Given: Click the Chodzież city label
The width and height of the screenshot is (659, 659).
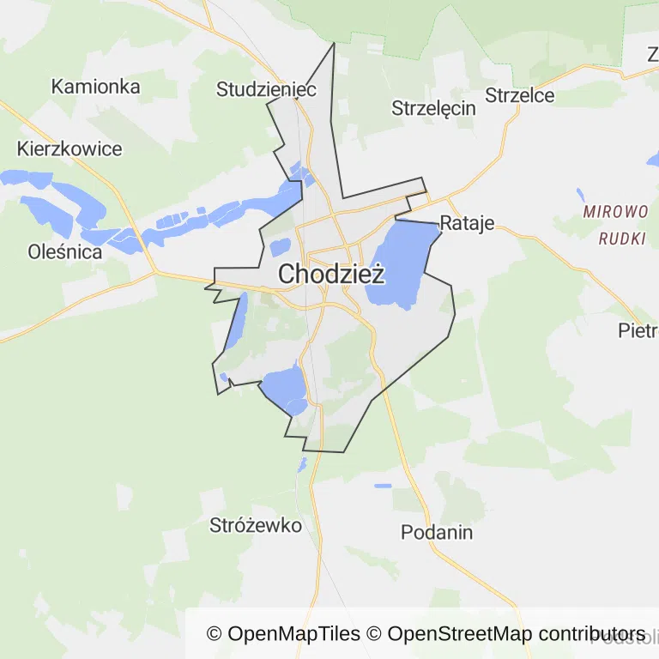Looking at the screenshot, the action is (x=331, y=275).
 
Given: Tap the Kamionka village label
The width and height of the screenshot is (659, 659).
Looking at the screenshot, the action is (x=95, y=87).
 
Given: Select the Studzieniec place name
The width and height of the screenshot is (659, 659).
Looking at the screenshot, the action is (x=267, y=89).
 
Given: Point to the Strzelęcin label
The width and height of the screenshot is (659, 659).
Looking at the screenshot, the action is (x=433, y=108).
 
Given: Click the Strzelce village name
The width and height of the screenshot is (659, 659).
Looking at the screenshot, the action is (x=520, y=95).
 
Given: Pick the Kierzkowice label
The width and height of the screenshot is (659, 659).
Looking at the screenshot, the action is (x=70, y=148).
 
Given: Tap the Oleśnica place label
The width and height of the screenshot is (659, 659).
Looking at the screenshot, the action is (x=65, y=252).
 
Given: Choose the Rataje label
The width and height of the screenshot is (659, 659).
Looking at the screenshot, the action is (x=468, y=224).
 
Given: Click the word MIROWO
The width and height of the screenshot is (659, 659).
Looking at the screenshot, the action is (x=614, y=212).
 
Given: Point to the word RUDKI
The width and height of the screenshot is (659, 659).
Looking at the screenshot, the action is (x=622, y=239).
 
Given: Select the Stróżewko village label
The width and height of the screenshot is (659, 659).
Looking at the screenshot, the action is (x=256, y=526).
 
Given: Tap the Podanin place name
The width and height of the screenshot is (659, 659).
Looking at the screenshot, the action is (x=437, y=532).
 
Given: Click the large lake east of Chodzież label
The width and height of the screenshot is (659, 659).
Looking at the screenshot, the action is (x=399, y=262).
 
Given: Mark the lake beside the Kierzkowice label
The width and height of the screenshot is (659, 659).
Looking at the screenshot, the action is (x=26, y=178).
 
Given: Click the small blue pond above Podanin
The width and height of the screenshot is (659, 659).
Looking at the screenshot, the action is (x=383, y=486).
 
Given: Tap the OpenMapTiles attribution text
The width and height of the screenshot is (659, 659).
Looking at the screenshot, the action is (x=284, y=634).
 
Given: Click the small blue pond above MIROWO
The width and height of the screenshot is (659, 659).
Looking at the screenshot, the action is (x=580, y=194).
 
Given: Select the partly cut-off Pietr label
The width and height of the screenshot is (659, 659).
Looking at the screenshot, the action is (x=638, y=330).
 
